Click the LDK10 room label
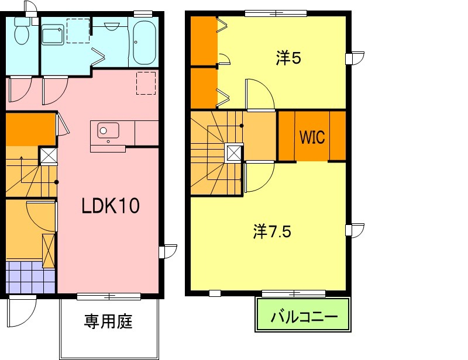tap(111, 206)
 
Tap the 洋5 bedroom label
tap(288, 58)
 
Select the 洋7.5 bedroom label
tap(272, 231)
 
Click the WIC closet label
tap(312, 137)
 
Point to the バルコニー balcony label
tap(304, 317)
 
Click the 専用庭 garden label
tap(108, 321)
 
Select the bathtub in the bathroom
tap(144, 43)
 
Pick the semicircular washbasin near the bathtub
tap(112, 26)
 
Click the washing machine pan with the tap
tap(53, 34)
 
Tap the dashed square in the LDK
tap(146, 83)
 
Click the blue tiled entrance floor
tap(30, 277)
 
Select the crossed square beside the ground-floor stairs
tap(49, 155)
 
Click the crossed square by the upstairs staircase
tap(235, 153)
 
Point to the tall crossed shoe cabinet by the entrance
tap(49, 251)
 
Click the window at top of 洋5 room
tap(276, 13)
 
